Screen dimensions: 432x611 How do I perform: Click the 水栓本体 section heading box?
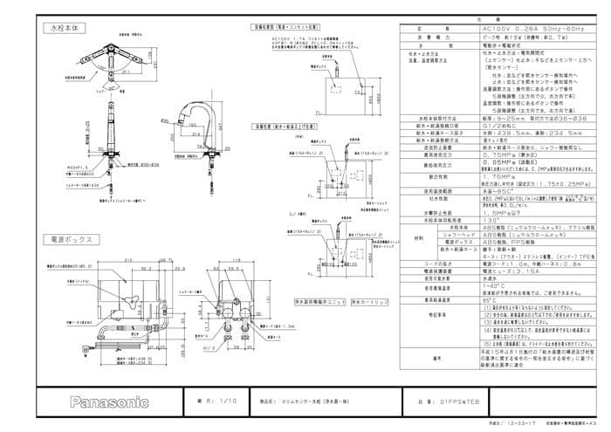(x=63, y=29)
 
